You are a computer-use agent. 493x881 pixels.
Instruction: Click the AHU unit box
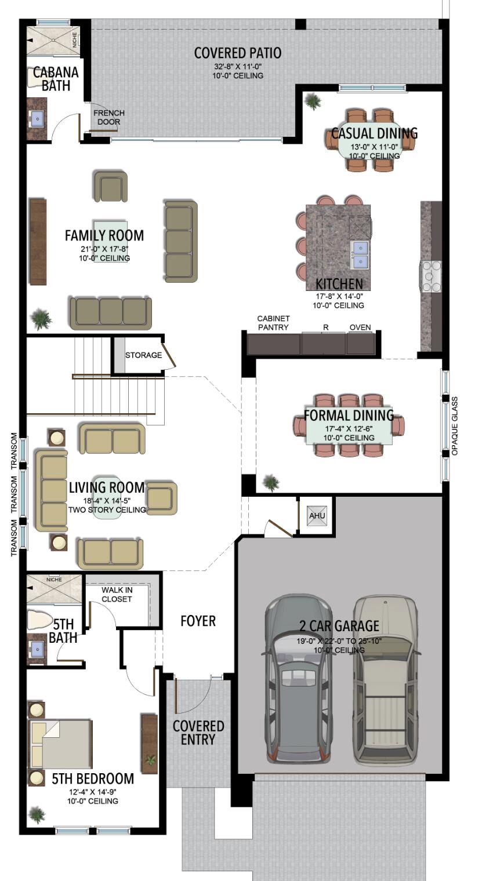click(x=317, y=515)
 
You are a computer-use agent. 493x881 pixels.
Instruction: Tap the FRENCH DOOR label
click(x=109, y=117)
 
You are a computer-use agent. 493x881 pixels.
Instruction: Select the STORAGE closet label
click(x=143, y=355)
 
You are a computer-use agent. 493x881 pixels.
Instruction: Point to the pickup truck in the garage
click(x=386, y=678)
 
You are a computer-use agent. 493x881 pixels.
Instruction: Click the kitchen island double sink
click(x=360, y=255)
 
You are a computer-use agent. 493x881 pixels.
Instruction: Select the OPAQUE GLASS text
click(x=455, y=426)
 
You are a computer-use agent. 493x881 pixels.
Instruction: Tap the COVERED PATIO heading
click(x=238, y=53)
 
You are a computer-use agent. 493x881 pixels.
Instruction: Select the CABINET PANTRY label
click(x=273, y=323)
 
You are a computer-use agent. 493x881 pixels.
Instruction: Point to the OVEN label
click(x=360, y=327)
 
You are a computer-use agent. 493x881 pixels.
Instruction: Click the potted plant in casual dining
click(x=313, y=102)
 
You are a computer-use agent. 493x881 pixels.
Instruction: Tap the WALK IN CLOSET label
click(x=117, y=595)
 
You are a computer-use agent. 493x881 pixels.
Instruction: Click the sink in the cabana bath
click(x=38, y=119)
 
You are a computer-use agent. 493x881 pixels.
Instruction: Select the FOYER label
click(x=198, y=621)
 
